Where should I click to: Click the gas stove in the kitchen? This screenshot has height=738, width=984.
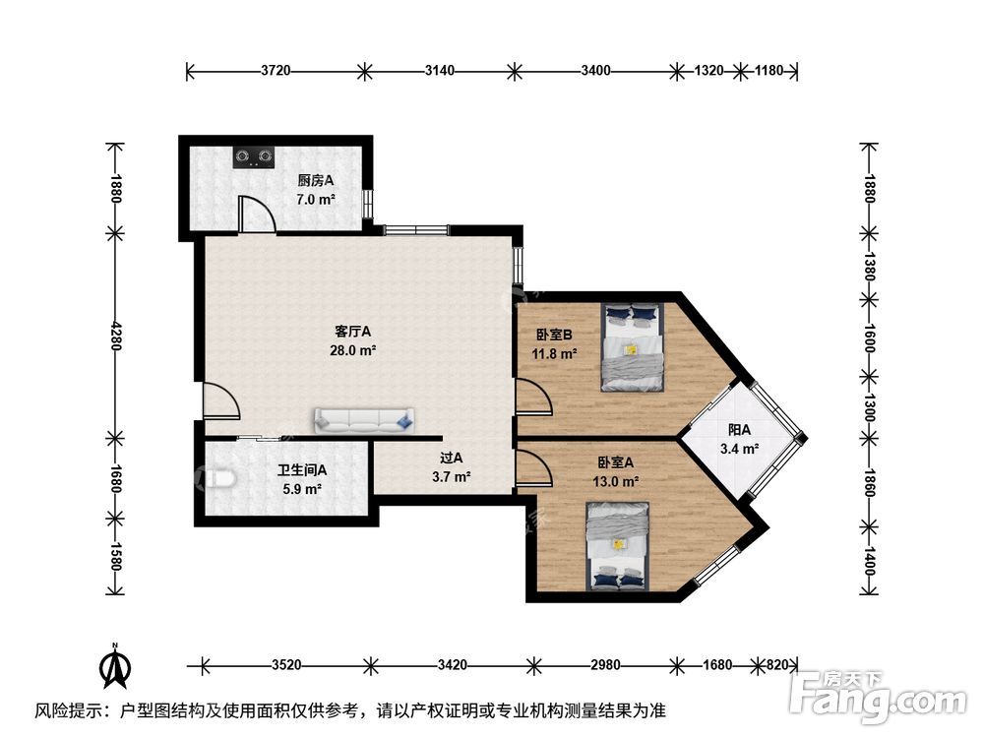point(254,156)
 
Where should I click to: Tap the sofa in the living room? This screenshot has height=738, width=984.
point(363,420)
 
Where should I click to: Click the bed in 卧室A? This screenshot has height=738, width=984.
point(618,545)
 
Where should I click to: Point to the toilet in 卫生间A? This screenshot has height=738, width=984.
point(221,479)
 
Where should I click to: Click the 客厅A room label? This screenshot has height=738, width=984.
point(354,333)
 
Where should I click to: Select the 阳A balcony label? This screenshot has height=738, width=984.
point(740,430)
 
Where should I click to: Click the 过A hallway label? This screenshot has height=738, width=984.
point(452,457)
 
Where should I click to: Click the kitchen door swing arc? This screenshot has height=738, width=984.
point(257,214)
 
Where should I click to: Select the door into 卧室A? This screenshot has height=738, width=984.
point(532,466)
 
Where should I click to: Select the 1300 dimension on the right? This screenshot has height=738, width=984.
point(868,404)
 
